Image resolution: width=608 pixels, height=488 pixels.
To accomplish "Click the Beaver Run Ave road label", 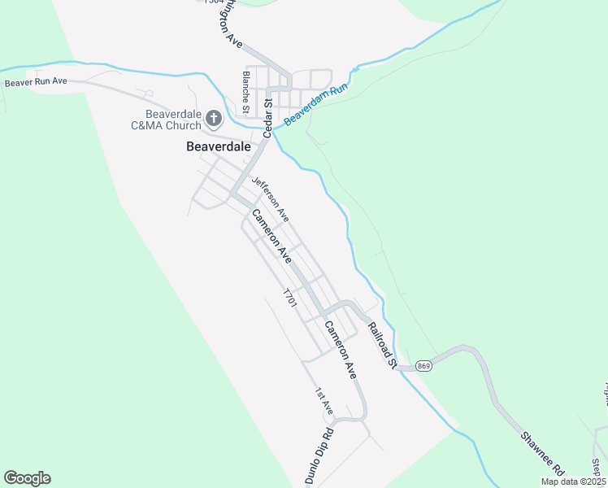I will [x=36, y=82].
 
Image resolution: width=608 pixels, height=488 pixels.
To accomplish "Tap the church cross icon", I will [x=214, y=120].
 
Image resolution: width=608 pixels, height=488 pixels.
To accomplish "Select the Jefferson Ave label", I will [x=271, y=199].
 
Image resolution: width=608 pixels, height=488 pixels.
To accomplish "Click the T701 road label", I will [x=289, y=297].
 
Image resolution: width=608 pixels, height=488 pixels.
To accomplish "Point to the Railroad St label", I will [x=380, y=343].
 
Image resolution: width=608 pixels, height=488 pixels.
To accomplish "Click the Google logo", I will [x=27, y=478].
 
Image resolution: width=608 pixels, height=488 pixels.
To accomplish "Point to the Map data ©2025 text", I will [x=572, y=481].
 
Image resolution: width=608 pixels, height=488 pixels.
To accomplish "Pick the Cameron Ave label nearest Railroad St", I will [x=341, y=350].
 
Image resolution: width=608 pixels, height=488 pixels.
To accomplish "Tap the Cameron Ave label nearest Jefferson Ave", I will [x=271, y=236].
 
